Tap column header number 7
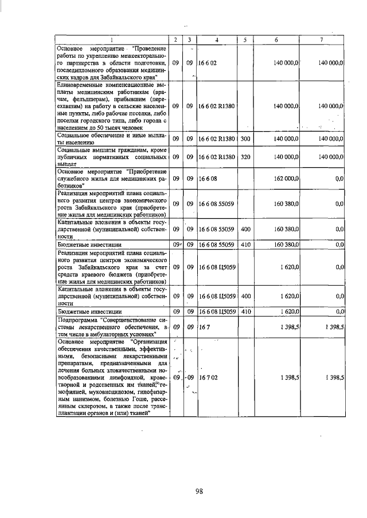click(321, 39)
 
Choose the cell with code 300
click(245, 139)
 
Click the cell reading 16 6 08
click(207, 179)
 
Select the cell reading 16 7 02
click(207, 378)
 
